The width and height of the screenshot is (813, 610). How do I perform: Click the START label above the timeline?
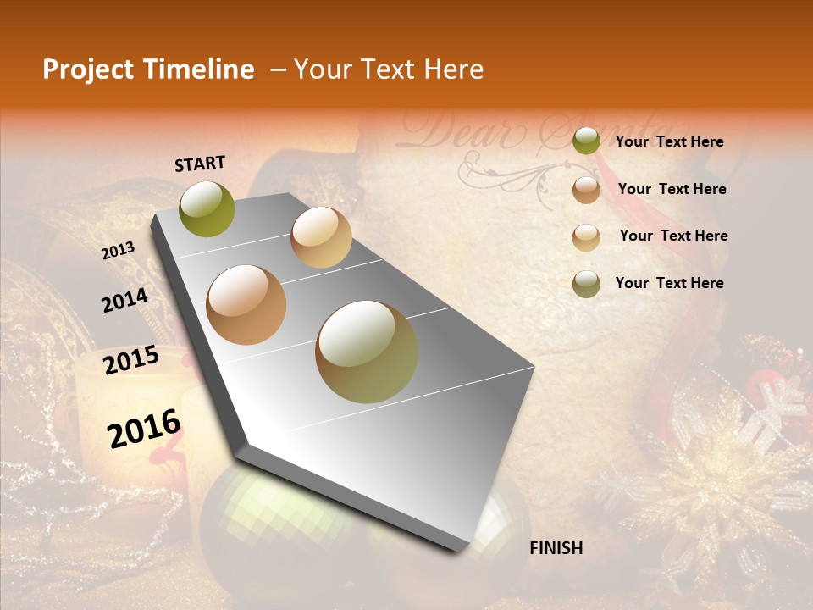[200, 164]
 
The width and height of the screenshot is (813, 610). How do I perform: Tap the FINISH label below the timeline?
[556, 548]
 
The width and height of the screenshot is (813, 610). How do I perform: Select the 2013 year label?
[118, 251]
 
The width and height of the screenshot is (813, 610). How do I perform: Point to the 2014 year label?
[124, 301]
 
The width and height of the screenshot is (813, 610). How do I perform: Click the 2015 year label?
[130, 361]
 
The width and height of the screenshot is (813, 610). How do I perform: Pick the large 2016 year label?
[144, 429]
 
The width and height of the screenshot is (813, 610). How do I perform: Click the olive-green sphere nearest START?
[207, 209]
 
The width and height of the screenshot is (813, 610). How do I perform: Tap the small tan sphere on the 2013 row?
[321, 237]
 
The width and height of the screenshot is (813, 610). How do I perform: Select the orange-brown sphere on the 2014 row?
[246, 305]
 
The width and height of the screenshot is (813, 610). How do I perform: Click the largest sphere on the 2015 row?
[367, 352]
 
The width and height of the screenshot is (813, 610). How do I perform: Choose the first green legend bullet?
[586, 141]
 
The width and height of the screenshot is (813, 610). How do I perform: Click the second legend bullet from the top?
[586, 190]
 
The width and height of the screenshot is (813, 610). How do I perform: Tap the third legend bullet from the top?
[586, 236]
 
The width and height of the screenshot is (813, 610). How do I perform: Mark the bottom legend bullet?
[586, 284]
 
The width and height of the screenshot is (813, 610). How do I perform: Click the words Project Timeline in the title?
[148, 69]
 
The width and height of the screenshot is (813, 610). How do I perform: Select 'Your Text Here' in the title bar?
[389, 69]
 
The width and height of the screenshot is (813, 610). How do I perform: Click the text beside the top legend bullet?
[669, 141]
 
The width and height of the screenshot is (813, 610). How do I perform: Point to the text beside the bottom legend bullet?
[669, 283]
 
